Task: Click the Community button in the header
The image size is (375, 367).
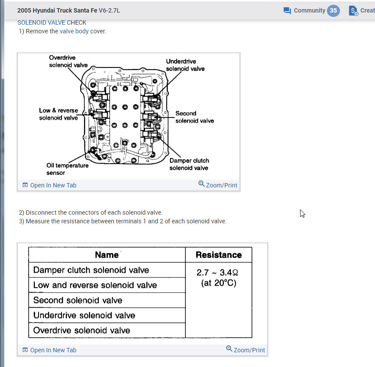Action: (304, 10)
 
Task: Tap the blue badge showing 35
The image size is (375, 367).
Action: (333, 10)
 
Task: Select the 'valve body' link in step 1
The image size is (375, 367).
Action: (74, 31)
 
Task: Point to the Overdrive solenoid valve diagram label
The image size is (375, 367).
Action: (68, 61)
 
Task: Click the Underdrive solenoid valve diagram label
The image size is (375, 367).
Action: (185, 65)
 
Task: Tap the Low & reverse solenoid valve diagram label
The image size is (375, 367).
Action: (58, 114)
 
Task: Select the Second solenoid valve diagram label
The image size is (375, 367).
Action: (194, 117)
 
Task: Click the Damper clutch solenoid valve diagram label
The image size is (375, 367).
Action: (189, 164)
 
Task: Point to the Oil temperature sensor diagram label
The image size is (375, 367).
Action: (67, 169)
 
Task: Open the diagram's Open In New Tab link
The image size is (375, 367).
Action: (49, 185)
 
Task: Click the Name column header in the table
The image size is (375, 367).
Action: (107, 255)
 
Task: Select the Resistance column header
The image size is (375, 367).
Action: (218, 255)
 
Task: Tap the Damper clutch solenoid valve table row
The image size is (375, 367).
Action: (91, 270)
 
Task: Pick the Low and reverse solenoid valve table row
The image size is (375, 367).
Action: (95, 285)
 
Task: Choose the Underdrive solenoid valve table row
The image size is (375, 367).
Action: (84, 315)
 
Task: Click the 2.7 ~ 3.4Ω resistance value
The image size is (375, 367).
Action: (218, 273)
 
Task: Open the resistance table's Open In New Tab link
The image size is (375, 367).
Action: (49, 350)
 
